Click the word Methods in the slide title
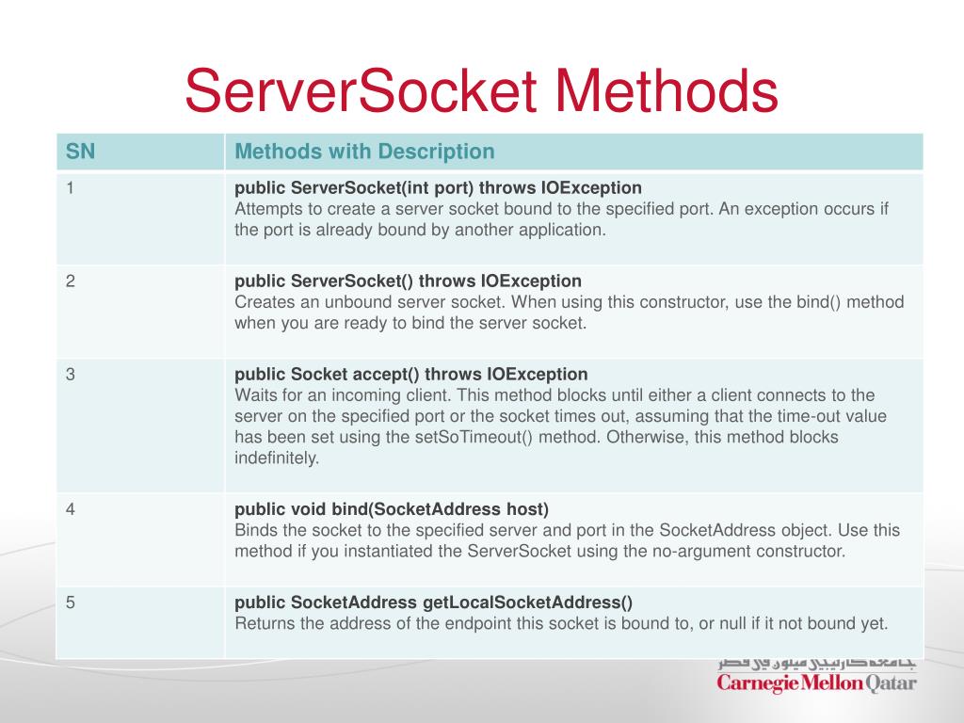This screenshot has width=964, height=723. tap(667, 91)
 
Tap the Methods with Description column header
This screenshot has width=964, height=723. tap(364, 151)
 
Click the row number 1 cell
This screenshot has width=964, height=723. tap(71, 187)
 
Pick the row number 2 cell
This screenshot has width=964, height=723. tap(71, 281)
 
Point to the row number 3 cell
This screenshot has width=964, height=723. tap(71, 374)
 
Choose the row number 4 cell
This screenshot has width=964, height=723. tap(71, 509)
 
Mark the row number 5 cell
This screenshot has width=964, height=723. tap(71, 602)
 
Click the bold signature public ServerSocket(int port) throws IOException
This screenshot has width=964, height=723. tap(438, 187)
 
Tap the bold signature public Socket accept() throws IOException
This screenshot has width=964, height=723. tap(410, 374)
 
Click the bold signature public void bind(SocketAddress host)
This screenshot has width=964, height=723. tap(391, 509)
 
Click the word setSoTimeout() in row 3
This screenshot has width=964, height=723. tap(437, 438)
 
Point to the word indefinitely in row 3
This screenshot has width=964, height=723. tap(277, 458)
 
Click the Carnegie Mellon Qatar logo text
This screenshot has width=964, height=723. tap(816, 683)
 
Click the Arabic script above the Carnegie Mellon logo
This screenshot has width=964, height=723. tap(816, 662)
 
